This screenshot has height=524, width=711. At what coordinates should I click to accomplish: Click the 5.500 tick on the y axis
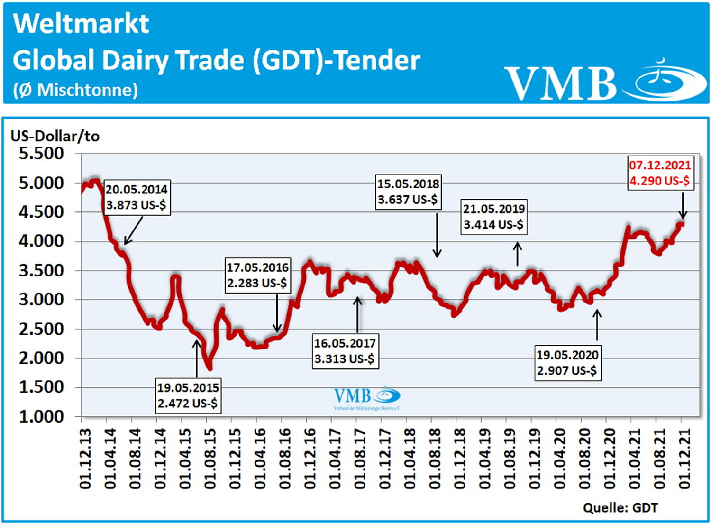[41, 154]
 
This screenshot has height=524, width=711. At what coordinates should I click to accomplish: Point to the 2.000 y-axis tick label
[41, 358]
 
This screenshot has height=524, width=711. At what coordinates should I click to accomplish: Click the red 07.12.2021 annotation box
[660, 173]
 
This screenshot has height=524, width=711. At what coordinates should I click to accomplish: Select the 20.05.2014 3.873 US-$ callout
[136, 197]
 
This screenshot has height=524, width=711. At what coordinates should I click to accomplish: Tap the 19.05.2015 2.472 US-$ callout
[188, 395]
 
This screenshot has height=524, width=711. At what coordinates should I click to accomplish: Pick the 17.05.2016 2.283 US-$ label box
[257, 276]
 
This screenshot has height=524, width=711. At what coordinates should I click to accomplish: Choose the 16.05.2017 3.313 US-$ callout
[345, 351]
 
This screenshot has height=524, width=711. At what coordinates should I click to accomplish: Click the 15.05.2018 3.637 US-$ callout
[408, 192]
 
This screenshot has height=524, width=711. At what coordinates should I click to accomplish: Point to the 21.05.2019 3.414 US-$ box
[493, 217]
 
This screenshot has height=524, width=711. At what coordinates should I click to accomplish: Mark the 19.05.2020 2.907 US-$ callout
[567, 363]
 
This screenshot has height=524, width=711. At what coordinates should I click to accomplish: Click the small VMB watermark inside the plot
[367, 397]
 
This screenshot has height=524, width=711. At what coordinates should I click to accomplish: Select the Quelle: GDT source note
[620, 508]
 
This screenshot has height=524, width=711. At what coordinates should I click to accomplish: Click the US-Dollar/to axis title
[55, 137]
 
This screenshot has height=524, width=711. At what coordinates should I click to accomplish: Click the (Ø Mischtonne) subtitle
[76, 90]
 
